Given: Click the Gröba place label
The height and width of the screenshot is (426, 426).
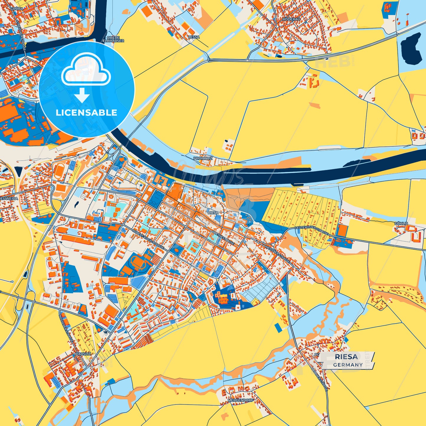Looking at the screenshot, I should coord(17,9).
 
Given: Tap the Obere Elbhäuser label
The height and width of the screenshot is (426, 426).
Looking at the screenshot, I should coord(113,39).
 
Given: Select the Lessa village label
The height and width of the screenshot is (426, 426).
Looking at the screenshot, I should coord(194,37).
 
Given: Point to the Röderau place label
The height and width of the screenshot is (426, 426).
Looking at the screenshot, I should coord(291,19).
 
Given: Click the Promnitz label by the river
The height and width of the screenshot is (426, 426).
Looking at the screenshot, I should coord(203,158).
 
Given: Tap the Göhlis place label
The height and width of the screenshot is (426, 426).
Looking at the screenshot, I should coord(401,223).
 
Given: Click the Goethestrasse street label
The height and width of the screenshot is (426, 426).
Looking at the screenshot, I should coord(223,238).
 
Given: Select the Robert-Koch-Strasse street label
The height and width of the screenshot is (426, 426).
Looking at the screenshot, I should coord(148,239).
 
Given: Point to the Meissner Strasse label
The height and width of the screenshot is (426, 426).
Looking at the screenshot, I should coord(277,254).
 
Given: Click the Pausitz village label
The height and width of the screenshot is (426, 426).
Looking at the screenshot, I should coord(83,354).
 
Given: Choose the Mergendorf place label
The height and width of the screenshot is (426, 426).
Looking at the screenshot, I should coord(240,401).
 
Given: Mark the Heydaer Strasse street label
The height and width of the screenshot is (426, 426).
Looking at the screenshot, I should coord(319,379).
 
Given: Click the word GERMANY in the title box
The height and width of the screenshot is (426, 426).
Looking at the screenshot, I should coord(348,365).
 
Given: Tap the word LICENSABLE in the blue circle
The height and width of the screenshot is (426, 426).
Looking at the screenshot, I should coord(86,113).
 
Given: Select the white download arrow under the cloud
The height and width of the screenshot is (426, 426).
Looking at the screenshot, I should coord(82,95).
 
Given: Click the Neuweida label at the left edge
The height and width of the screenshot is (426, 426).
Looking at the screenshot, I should coord(9,198).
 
